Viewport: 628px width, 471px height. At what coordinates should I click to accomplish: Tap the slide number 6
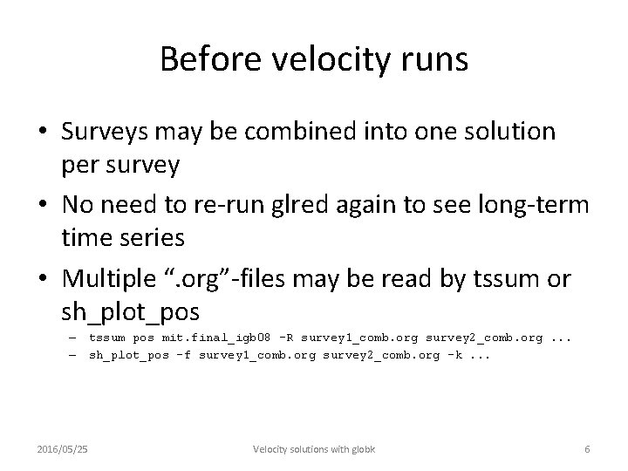587,449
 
